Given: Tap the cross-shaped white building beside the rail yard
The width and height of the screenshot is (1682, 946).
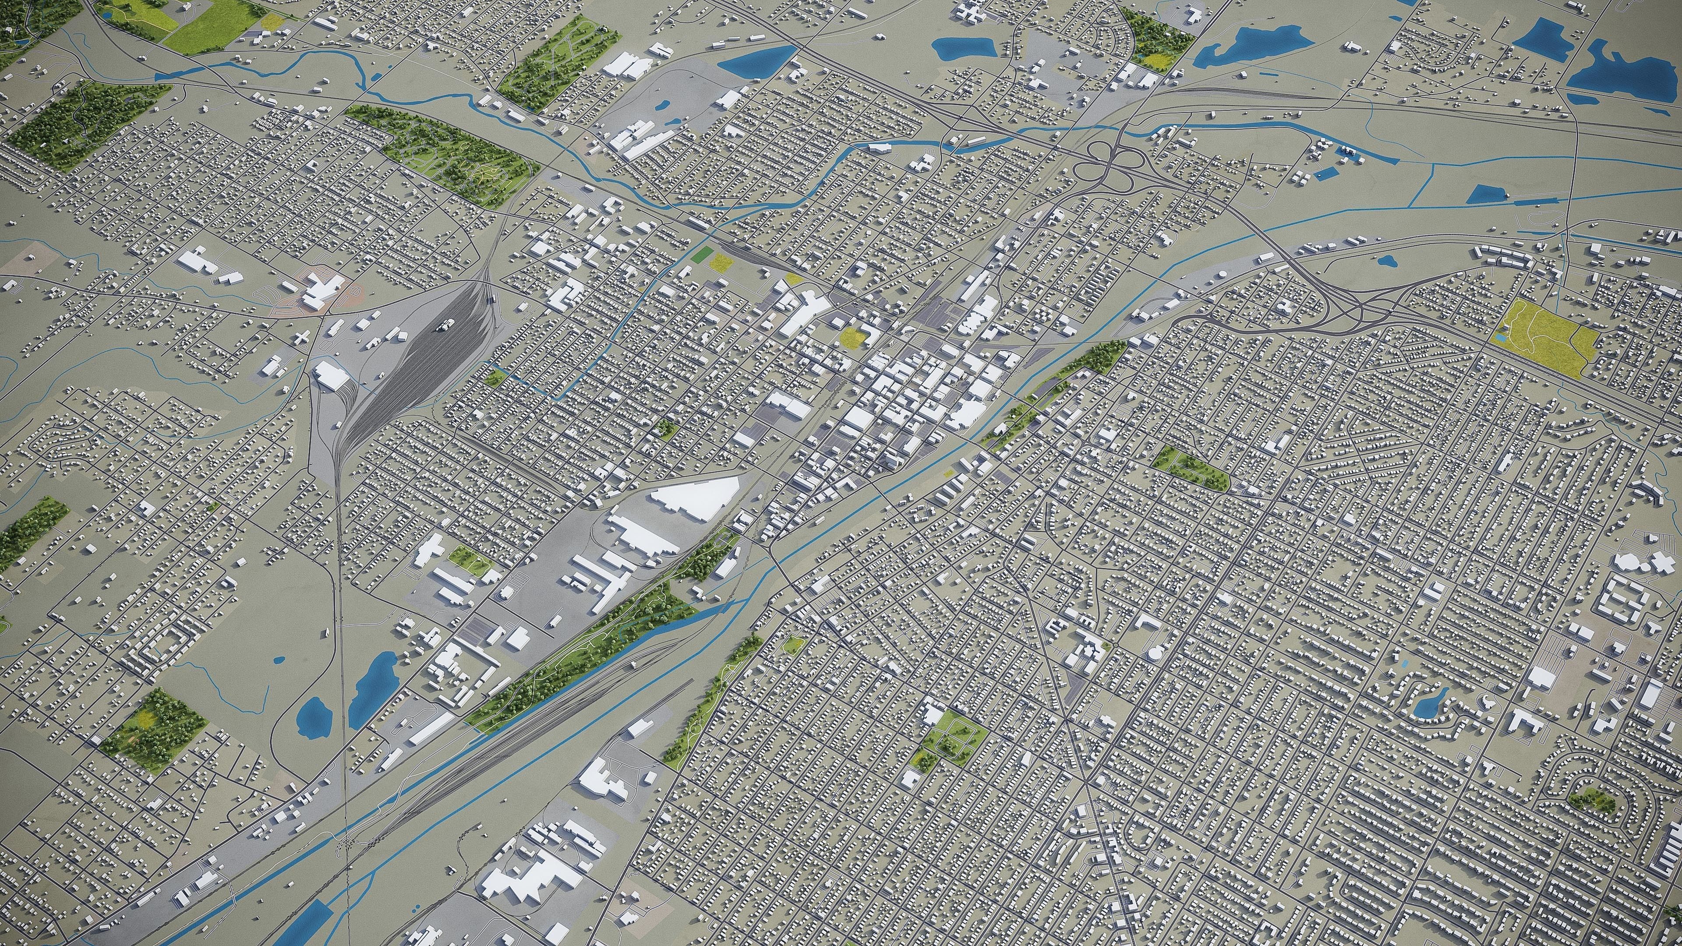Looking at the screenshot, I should [x=301, y=337].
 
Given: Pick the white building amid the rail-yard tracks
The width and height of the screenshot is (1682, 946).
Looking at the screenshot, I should [x=446, y=325].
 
